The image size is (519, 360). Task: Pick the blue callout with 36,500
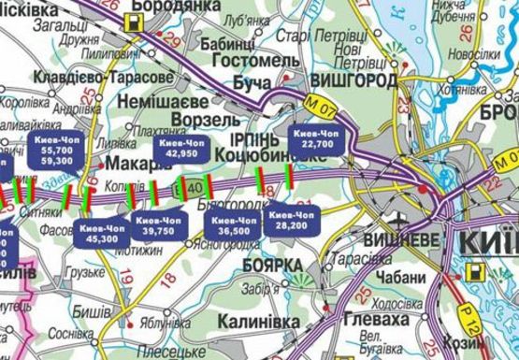click(233, 223)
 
